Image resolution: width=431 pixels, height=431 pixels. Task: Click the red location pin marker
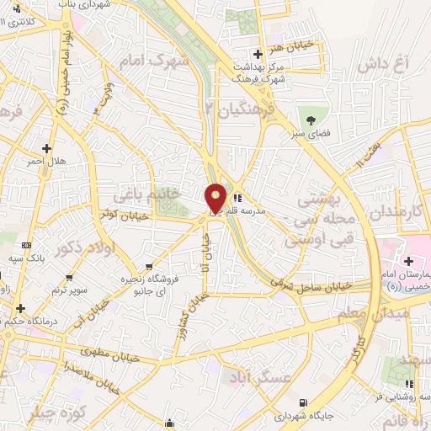216,198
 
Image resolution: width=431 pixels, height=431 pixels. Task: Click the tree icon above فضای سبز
310,118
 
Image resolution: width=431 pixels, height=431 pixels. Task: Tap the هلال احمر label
47,160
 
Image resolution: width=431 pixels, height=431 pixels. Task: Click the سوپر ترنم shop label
69,290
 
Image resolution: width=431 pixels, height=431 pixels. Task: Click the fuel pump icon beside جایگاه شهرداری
303,402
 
